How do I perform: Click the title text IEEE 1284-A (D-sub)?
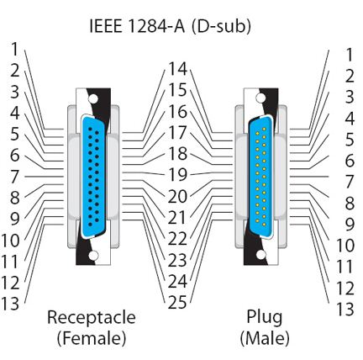point(170,26)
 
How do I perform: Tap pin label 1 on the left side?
point(14,49)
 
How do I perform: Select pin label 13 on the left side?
point(10,303)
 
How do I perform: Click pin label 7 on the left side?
point(14,177)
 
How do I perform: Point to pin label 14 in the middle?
point(177,69)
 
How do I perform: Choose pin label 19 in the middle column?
point(177,175)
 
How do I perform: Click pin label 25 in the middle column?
point(177,302)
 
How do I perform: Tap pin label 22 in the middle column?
point(177,239)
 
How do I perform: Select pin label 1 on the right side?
point(349,55)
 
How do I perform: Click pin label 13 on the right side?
point(345,309)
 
